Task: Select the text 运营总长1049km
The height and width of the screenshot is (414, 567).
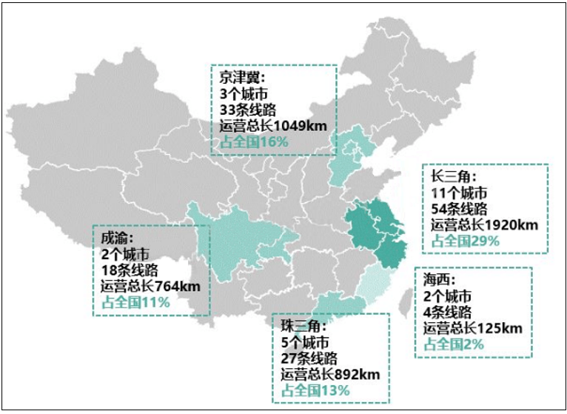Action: (272, 125)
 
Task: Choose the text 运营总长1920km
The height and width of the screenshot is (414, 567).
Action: (484, 225)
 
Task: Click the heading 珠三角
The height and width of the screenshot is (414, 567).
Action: (302, 326)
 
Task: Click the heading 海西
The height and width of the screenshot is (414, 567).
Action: (440, 280)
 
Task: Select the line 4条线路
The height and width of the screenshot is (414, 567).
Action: (448, 312)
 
